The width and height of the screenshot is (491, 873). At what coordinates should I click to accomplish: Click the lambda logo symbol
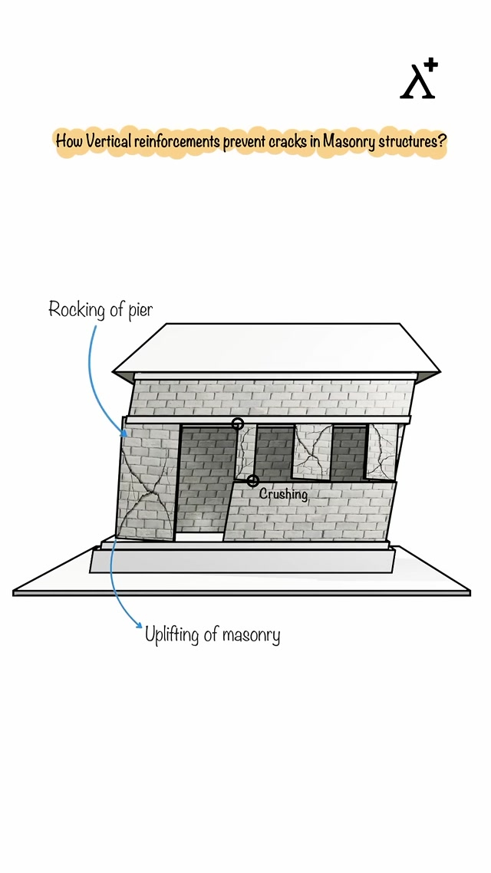(417, 83)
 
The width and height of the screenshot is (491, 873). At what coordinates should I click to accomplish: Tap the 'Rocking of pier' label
(101, 310)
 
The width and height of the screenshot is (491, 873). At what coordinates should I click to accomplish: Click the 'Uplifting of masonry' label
(213, 635)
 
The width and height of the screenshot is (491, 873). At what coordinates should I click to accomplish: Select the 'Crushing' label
(283, 494)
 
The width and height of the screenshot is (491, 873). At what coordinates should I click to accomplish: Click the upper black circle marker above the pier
(238, 423)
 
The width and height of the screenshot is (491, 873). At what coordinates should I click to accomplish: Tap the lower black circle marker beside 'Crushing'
(252, 481)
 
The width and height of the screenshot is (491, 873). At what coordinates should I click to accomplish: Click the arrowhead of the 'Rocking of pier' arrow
(124, 434)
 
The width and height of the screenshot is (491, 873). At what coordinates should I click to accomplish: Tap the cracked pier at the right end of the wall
(381, 452)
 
